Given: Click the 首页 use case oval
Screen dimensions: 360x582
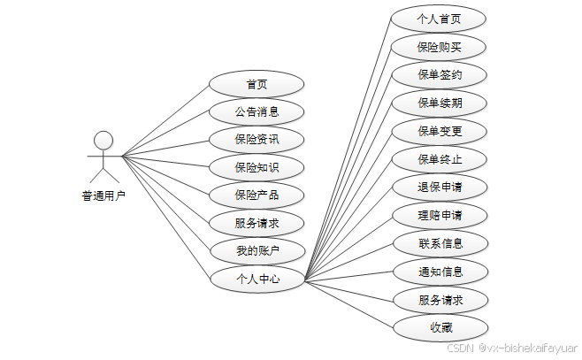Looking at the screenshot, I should click(x=257, y=85).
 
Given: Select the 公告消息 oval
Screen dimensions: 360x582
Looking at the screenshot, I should click(x=257, y=112).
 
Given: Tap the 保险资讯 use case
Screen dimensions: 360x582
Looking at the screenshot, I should click(x=257, y=140).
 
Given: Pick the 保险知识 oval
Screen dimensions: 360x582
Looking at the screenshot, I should click(x=257, y=167).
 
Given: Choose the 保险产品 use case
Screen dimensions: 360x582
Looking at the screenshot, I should click(x=257, y=195).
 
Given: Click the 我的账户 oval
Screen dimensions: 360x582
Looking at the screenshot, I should click(x=257, y=251).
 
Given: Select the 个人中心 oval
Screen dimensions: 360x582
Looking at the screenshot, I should click(x=257, y=279).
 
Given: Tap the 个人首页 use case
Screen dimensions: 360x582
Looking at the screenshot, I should click(x=440, y=19).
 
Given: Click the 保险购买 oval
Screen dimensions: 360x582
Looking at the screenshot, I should click(x=440, y=47).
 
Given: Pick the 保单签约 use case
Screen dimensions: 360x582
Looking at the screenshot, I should click(x=440, y=75).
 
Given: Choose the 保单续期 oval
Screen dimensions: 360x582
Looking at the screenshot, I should click(x=440, y=103).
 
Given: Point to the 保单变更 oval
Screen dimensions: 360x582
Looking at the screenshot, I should click(x=440, y=132).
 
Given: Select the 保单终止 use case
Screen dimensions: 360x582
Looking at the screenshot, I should click(x=440, y=160).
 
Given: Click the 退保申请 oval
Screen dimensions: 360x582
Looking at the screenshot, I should click(x=440, y=188).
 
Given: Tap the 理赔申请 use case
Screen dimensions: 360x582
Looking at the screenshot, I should click(x=440, y=215).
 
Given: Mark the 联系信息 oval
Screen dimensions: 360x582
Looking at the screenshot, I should click(x=440, y=242).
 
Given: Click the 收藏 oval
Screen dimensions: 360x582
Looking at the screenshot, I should click(x=440, y=327).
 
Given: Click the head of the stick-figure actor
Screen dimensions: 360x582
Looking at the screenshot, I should click(x=104, y=140).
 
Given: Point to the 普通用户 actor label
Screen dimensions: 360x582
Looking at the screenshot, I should click(x=104, y=196).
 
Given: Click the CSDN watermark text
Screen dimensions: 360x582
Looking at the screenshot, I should click(x=511, y=349).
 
